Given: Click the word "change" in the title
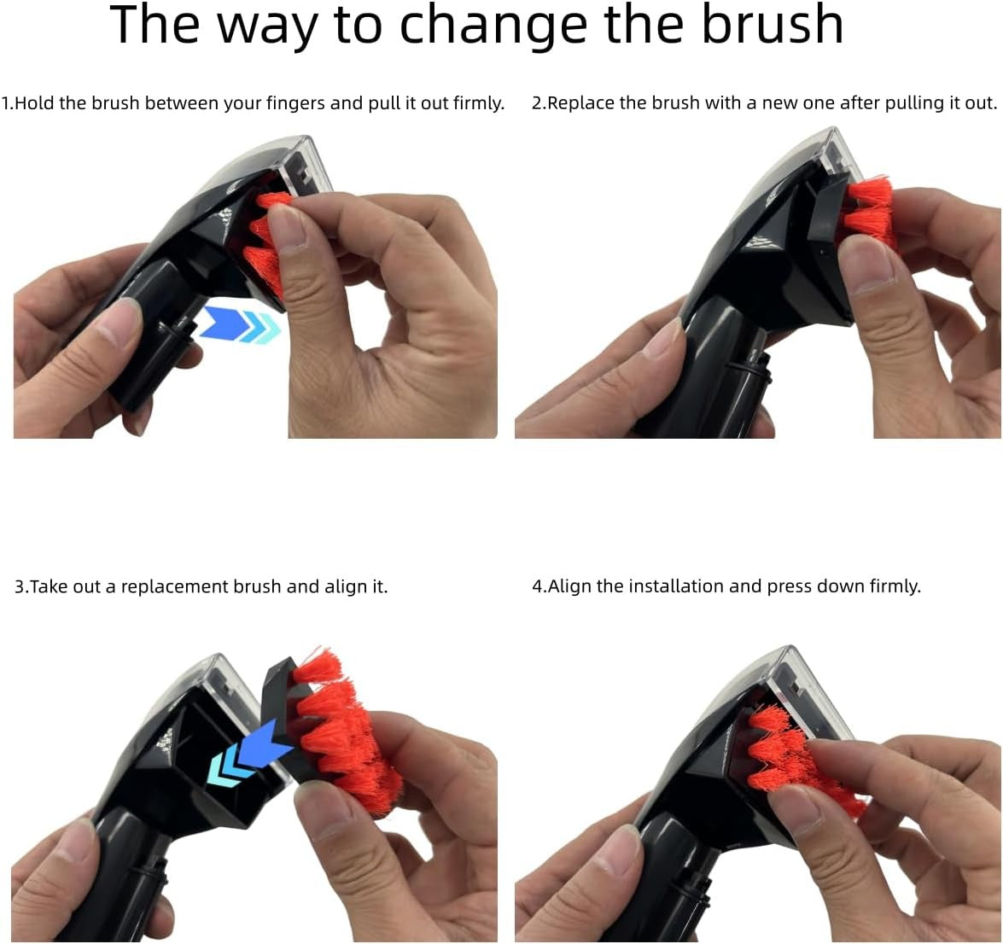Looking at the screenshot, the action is click(493, 26).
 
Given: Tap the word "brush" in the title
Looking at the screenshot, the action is click(772, 23).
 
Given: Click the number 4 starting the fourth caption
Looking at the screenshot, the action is click(537, 586).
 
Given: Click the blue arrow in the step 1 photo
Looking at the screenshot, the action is click(240, 324).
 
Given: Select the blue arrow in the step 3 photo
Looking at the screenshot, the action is click(249, 752).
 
